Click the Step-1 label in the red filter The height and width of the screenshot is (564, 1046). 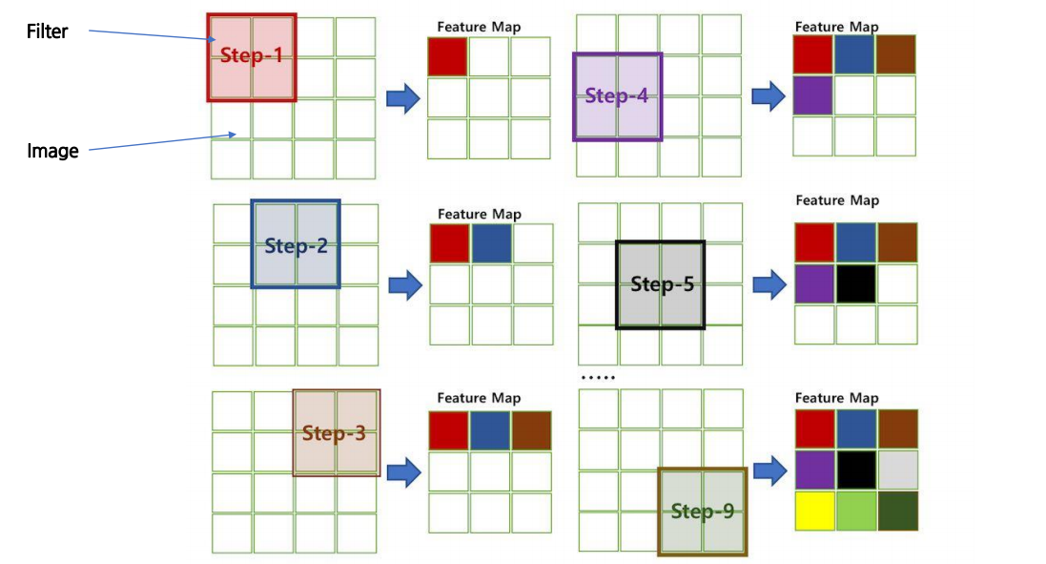coord(252,55)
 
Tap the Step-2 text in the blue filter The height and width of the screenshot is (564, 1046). coord(296,246)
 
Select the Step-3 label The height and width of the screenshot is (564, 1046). coord(334,433)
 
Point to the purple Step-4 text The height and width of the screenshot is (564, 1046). coord(617,96)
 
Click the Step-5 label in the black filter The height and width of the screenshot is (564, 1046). coord(662,284)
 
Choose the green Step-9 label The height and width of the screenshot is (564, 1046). coord(702,512)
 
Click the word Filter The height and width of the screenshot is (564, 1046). coord(47,31)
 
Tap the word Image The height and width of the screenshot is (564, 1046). coord(52,151)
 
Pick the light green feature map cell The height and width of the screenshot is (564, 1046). coord(855,511)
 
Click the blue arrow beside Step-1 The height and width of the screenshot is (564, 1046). coord(403,97)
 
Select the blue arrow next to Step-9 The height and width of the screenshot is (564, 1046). coord(769,470)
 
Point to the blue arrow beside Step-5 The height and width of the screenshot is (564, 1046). coord(769,283)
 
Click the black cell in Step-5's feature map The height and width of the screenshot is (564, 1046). coord(855,283)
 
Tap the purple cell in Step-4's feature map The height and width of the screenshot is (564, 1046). coord(813,95)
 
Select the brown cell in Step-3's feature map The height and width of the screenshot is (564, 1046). coord(531,430)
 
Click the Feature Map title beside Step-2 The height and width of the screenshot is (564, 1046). coord(479,215)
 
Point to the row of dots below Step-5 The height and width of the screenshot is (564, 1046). coord(599,378)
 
